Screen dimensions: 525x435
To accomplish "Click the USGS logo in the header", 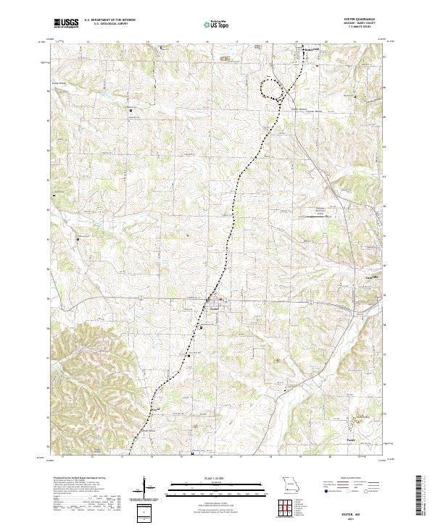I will click(66, 24).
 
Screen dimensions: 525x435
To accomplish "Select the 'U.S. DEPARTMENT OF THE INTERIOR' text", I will click(109, 21).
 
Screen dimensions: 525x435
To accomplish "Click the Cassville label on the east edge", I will click(371, 276).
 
